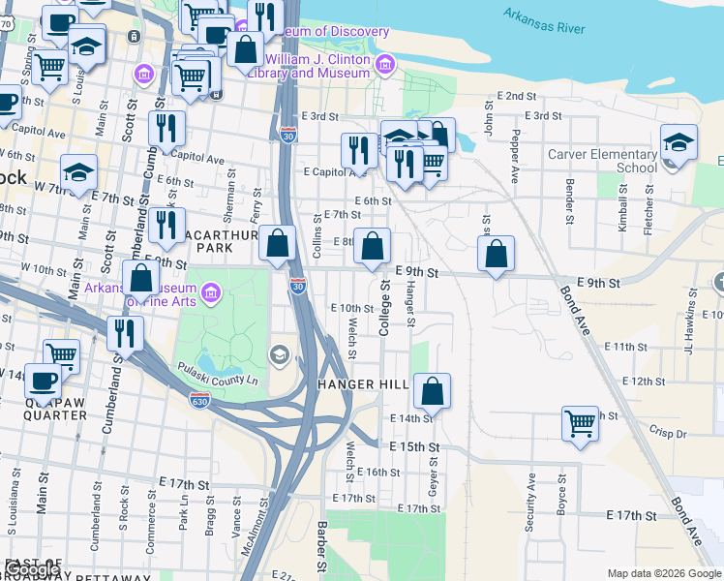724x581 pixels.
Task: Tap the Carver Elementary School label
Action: pyautogui.click(x=602, y=161)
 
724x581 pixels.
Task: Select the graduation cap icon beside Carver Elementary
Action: pyautogui.click(x=679, y=142)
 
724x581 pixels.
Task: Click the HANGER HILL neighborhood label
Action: pyautogui.click(x=363, y=384)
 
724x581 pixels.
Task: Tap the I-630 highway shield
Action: pyautogui.click(x=199, y=399)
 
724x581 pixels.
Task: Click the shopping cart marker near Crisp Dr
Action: pyautogui.click(x=580, y=423)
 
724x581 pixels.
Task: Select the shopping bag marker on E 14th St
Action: pyautogui.click(x=433, y=391)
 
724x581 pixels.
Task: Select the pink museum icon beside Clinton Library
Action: pyautogui.click(x=386, y=64)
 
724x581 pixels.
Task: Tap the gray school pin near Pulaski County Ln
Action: pyautogui.click(x=280, y=354)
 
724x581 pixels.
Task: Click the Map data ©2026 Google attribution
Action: pyautogui.click(x=663, y=572)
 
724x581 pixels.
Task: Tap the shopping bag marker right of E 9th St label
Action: pyautogui.click(x=496, y=255)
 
